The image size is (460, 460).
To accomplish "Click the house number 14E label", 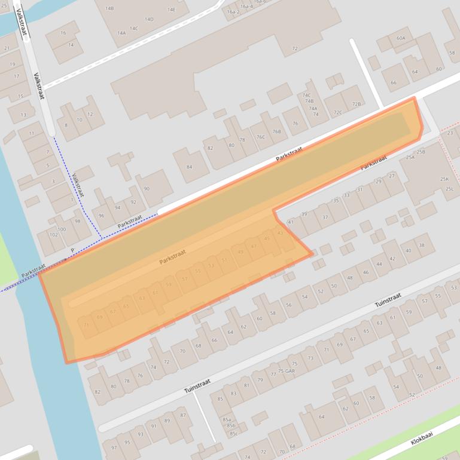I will click(x=172, y=10).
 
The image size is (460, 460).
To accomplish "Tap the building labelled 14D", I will click(x=149, y=19).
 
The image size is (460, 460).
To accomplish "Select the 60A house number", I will click(x=401, y=38).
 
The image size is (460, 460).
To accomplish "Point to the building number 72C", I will click(x=338, y=112).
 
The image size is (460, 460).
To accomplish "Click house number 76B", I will click(x=276, y=131).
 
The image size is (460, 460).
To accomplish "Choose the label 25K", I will click(x=444, y=179).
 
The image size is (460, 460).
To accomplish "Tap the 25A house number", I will click(x=410, y=157).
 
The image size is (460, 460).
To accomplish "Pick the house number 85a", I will click(x=227, y=419).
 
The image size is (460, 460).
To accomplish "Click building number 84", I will click(x=190, y=167).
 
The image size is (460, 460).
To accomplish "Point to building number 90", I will click(x=147, y=189).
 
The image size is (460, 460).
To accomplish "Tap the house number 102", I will click(x=53, y=235).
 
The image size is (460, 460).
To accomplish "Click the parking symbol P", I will click(x=72, y=250).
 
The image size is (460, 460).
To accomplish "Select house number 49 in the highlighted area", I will click(x=240, y=252).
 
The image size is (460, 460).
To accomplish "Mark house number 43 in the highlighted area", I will click(x=280, y=233).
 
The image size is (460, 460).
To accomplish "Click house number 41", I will click(x=291, y=222).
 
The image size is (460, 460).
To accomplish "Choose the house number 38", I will click(x=422, y=245).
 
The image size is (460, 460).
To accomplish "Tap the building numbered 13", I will click(x=23, y=115).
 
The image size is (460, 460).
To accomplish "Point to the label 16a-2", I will click(x=233, y=12).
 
